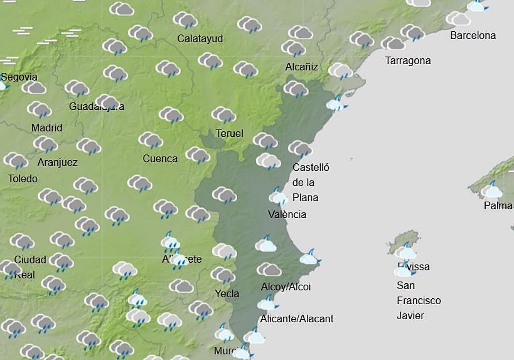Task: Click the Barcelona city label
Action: coord(473,36)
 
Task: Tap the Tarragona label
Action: coord(408,61)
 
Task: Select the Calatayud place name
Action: coord(200,39)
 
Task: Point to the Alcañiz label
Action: coord(302,67)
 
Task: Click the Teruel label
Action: coord(229,134)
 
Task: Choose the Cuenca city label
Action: coord(160,159)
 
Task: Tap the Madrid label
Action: coord(47,128)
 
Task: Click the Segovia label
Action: coord(19,77)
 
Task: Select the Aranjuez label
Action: coord(57,162)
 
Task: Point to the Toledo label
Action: coord(23,179)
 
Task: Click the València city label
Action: coord(287,214)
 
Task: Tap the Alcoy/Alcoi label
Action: coord(286,287)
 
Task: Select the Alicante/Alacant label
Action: coord(296,319)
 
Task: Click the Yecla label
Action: coord(227,294)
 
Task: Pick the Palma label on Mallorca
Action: coord(498,206)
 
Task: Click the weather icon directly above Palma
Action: coord(491,190)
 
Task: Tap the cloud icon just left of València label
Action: coord(278,197)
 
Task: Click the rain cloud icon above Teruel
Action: coord(223,115)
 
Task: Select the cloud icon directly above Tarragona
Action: coord(392,43)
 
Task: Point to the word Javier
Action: coord(410,316)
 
